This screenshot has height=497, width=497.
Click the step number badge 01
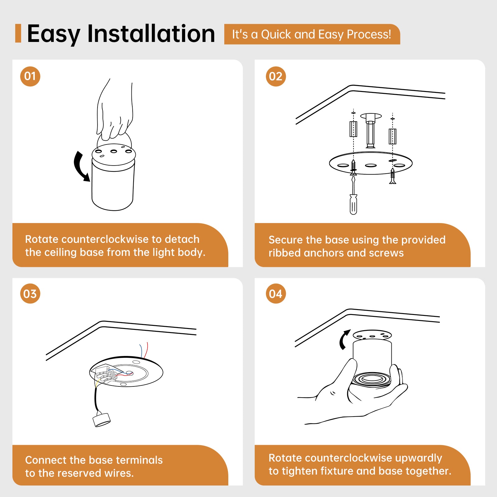[30, 76]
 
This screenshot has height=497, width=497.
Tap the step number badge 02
[276, 76]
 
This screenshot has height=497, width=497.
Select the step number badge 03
[30, 294]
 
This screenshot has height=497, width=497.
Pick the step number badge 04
[276, 294]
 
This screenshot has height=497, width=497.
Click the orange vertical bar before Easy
[18, 33]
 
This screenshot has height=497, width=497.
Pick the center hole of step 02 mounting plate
[371, 166]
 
